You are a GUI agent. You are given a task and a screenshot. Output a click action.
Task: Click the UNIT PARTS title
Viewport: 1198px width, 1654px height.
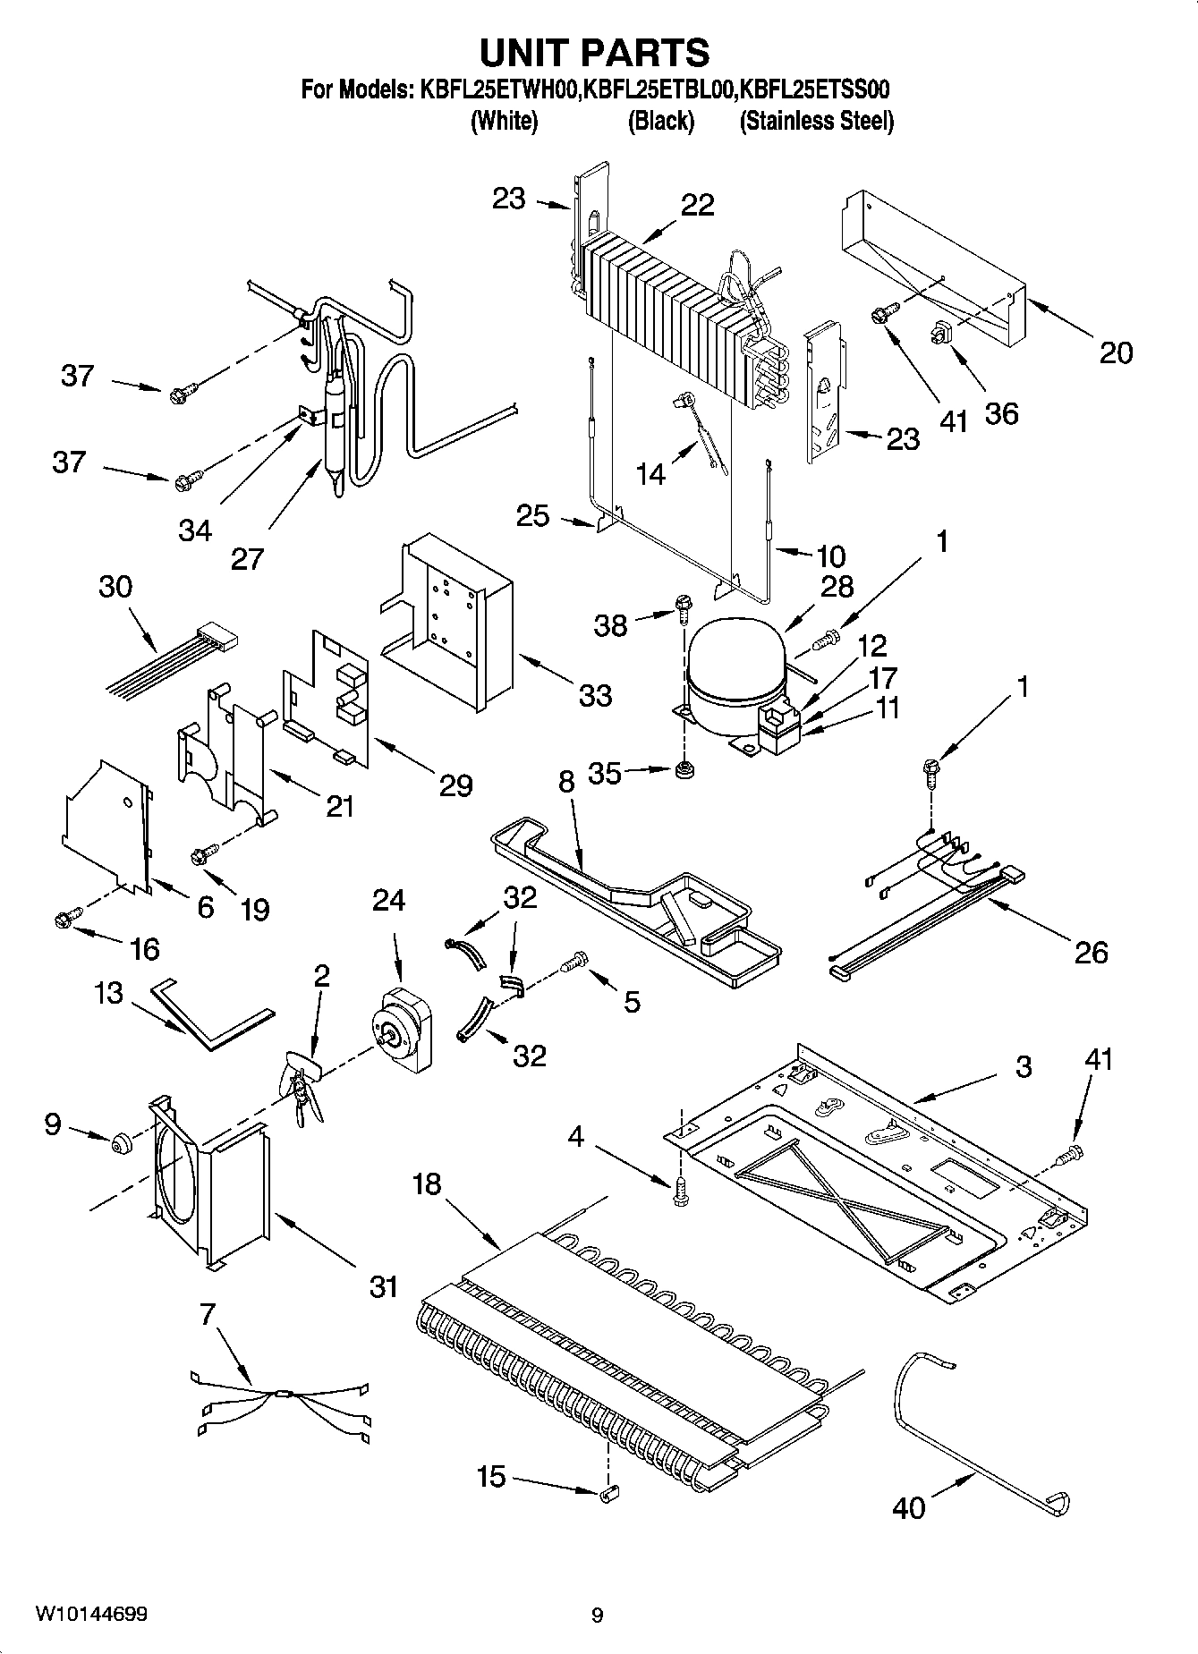[x=595, y=53]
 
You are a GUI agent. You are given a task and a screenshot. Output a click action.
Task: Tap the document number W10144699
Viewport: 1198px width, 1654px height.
[x=91, y=1614]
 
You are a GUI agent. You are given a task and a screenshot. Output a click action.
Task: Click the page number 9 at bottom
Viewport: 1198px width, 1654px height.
[x=597, y=1615]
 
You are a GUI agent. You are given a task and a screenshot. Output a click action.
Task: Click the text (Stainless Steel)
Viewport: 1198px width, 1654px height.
[x=816, y=121]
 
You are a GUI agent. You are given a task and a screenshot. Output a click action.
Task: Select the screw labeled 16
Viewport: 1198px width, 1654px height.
[x=66, y=916]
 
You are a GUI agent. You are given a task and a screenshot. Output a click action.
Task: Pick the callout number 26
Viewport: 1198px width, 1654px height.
[x=1091, y=952]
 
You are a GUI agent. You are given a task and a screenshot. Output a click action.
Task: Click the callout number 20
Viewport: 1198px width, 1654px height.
[x=1115, y=352]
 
